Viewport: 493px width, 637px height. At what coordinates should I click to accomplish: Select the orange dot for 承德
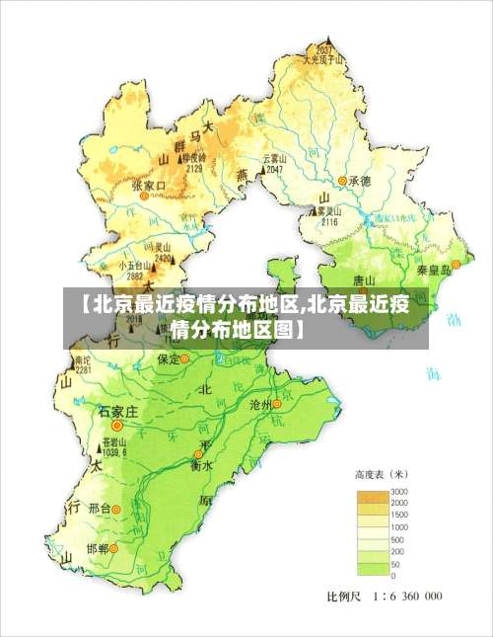tap(342, 181)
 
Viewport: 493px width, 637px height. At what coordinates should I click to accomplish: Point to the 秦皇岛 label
tap(432, 269)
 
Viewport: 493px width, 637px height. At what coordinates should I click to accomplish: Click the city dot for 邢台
tap(115, 509)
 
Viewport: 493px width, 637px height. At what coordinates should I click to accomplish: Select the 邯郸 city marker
tap(113, 547)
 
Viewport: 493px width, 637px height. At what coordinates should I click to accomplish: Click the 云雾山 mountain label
tap(274, 158)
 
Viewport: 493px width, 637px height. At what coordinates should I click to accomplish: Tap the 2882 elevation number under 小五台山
tap(135, 276)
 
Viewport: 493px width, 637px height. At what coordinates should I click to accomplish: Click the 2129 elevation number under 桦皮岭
tap(193, 168)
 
